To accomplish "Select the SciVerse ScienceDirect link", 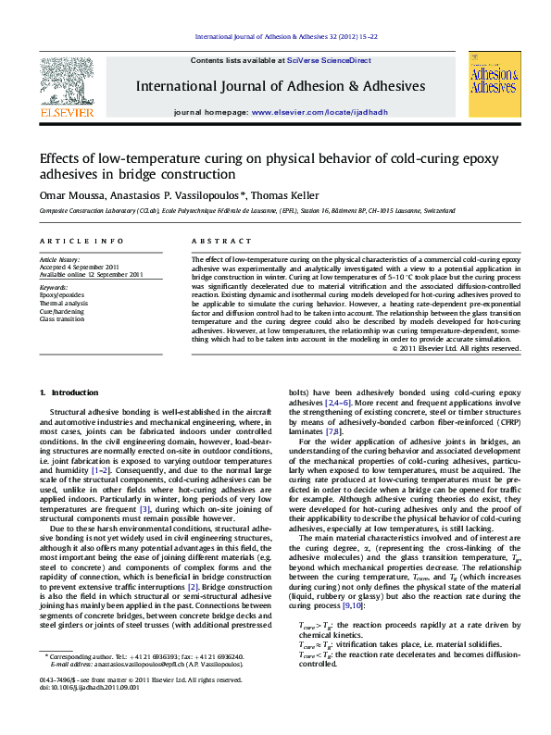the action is click(x=329, y=60).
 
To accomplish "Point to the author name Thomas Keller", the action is click(x=290, y=195).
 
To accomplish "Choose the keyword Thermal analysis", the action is click(x=63, y=303).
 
